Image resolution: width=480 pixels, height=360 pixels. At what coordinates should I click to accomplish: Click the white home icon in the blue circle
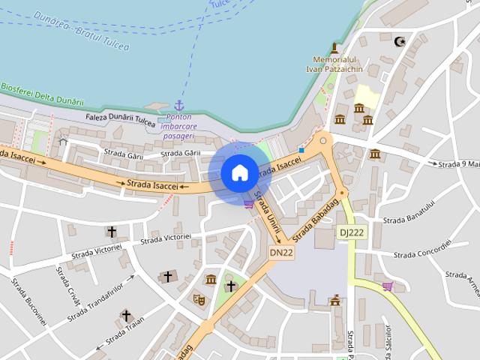coord(239,173)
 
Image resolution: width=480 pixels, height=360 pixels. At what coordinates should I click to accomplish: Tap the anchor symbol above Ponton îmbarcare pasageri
coord(179,105)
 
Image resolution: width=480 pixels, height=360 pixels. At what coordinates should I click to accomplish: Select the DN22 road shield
coord(281,253)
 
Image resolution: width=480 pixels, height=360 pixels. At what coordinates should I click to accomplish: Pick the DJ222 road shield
coord(350,232)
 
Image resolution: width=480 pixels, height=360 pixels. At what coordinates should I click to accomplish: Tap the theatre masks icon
coord(199,298)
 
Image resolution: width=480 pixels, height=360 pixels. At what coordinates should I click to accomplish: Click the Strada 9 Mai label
coord(458,164)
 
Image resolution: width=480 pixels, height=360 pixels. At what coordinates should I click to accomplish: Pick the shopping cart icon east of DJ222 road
coord(387,286)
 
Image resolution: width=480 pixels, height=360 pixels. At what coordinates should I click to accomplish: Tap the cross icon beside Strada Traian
coord(126,316)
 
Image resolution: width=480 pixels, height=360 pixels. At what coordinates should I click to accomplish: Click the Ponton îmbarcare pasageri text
coord(178,127)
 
